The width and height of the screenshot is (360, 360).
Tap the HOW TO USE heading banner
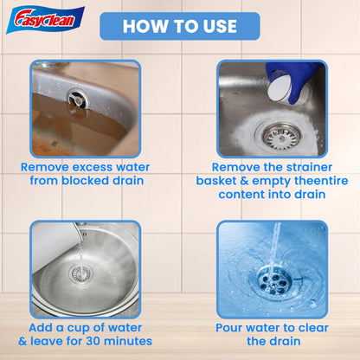tap(180, 26)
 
